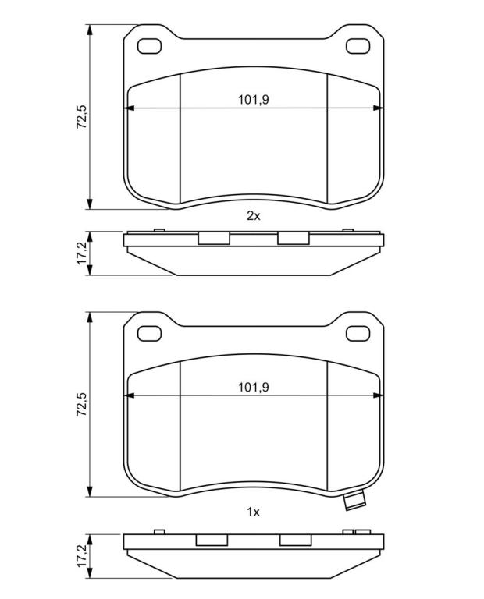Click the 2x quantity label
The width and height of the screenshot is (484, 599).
tap(253, 216)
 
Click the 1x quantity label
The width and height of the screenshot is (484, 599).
tap(253, 512)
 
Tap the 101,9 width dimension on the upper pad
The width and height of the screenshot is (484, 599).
tap(254, 100)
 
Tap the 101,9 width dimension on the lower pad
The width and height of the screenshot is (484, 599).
tap(254, 387)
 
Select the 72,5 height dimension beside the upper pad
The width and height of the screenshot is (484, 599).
tap(81, 116)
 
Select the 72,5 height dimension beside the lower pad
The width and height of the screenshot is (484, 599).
tap(81, 404)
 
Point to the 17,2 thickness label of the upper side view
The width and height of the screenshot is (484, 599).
tap(81, 253)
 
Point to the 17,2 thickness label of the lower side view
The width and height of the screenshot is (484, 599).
tap(81, 555)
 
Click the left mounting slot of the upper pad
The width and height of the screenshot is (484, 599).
tap(149, 46)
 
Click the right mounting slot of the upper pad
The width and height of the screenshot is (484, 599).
tap(358, 46)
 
